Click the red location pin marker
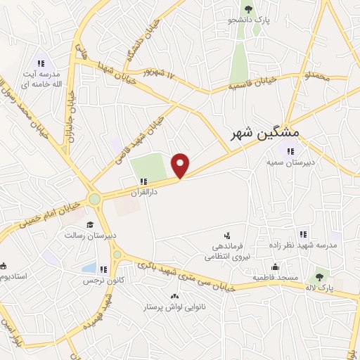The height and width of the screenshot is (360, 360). [x=181, y=165]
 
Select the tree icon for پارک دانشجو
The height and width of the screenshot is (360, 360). [x=247, y=9]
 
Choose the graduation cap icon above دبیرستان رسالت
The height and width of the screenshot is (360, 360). [x=91, y=224]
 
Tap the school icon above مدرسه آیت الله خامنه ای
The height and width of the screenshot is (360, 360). [x=41, y=60]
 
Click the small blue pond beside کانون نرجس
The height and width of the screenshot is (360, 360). [x=89, y=268]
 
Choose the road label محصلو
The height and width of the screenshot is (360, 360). [x=316, y=75]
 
